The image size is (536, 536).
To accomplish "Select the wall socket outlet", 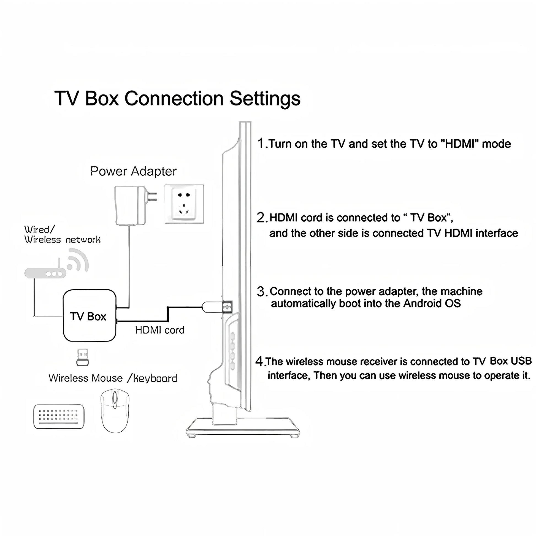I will click(184, 204).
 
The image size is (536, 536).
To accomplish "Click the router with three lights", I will click(45, 274).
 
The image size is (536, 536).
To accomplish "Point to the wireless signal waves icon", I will click(78, 260).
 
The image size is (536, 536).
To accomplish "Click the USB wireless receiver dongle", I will click(82, 357).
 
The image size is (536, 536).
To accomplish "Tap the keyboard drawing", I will click(59, 416).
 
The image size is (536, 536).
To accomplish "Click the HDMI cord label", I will click(159, 330).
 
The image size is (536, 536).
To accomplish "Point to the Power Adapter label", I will click(133, 171).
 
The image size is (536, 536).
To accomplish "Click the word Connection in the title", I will click(174, 99).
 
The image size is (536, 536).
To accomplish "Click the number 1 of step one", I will click(261, 144).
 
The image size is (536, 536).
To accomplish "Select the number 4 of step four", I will click(259, 361).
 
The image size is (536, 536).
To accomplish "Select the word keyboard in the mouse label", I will click(155, 378).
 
